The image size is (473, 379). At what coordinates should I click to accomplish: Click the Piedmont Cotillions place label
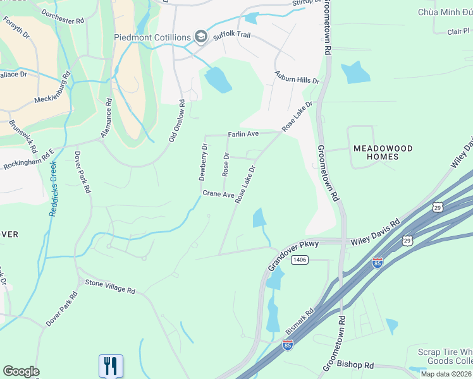[152, 37]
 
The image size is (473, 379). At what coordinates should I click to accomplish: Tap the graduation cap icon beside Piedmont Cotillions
[202, 37]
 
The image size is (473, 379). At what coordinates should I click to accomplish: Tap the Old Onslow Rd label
[176, 121]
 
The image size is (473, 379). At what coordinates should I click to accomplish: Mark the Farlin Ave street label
[243, 135]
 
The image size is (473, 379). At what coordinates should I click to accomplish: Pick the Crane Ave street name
[218, 195]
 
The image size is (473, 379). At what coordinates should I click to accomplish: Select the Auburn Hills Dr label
[297, 78]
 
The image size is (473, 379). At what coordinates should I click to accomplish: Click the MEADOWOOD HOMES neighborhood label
[383, 152]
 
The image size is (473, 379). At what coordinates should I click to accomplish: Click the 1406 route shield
[300, 260]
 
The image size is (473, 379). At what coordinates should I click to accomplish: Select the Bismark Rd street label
[300, 322]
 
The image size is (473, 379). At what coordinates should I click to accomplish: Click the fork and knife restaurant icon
[111, 364]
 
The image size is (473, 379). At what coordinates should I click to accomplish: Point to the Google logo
[21, 371]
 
